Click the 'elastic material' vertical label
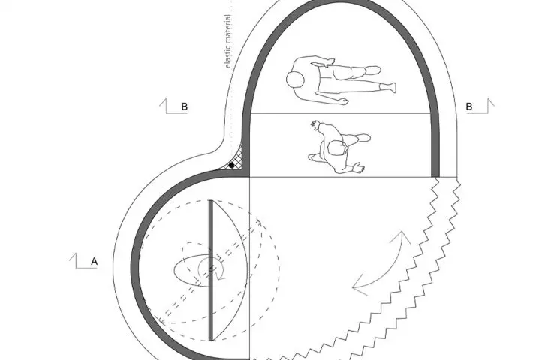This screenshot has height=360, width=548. (227, 41)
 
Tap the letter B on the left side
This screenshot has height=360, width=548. (185, 106)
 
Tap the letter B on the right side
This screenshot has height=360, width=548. (469, 106)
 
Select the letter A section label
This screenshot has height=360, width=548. (94, 261)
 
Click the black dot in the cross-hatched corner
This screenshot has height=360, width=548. (231, 165)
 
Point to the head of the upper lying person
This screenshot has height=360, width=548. (295, 79)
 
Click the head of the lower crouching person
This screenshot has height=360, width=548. (336, 148)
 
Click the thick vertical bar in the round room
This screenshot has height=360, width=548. (211, 270)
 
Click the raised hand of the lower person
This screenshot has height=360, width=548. (315, 125)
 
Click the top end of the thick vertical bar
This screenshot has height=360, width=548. (211, 201)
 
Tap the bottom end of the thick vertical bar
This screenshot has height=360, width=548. (211, 340)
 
